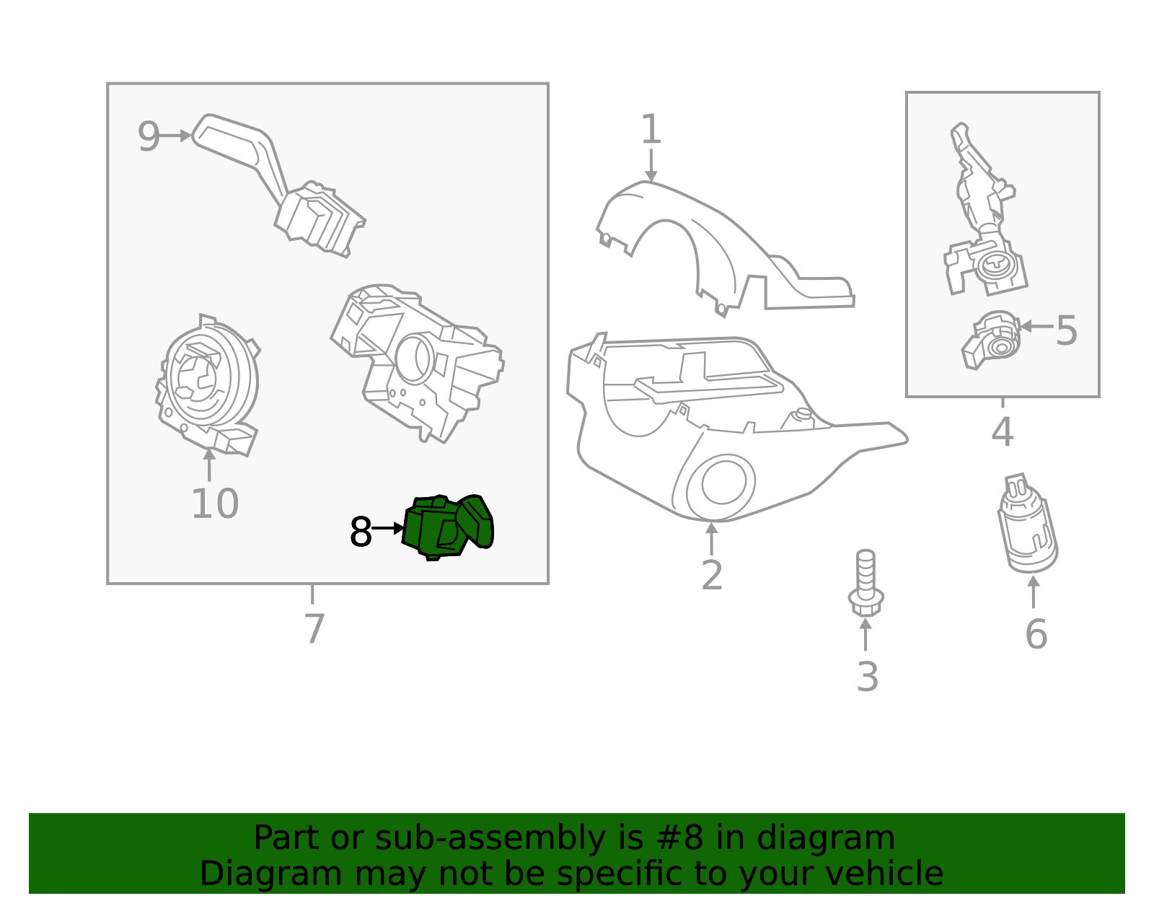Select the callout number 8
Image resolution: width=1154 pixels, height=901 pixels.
(360, 533)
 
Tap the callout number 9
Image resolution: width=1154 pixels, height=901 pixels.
(149, 137)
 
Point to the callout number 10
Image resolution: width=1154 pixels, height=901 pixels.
(214, 504)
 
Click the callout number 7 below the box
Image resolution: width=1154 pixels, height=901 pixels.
(314, 629)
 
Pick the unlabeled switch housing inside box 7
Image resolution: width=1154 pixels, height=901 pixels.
(418, 361)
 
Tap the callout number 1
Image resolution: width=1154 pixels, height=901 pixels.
(651, 130)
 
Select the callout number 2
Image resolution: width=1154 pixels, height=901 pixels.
(711, 576)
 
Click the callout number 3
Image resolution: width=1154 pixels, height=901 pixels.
(867, 677)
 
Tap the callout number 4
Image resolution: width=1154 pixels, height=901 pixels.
(1002, 432)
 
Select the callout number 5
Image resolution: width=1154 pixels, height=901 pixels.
(1065, 331)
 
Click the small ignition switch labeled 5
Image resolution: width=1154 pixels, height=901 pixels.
(992, 340)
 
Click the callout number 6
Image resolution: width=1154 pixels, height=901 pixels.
(1036, 635)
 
